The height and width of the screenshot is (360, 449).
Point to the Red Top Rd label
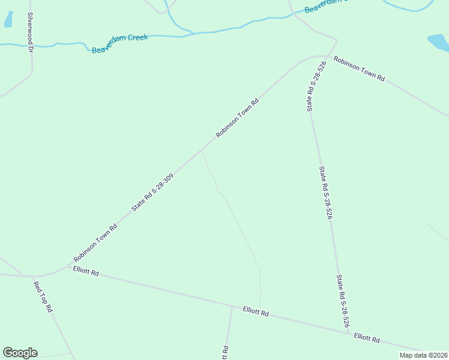tap(43, 297)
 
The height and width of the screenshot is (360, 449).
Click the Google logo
tap(20, 353)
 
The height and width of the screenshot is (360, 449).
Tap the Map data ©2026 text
tap(423, 355)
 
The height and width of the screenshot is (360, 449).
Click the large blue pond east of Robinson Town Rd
tap(439, 42)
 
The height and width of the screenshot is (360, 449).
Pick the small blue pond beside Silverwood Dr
tap(8, 19)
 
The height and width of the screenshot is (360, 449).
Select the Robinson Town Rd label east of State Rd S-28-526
tap(359, 70)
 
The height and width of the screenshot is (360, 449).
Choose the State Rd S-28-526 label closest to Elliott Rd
tap(343, 301)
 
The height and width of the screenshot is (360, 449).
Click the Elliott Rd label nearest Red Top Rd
tap(85, 272)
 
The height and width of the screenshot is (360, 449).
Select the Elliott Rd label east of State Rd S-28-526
tap(367, 338)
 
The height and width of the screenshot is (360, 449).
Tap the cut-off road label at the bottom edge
tap(225, 353)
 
